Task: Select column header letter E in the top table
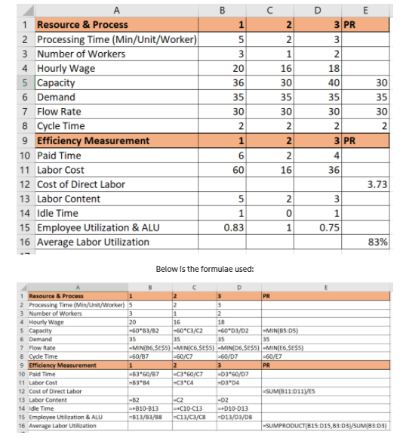366,10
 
